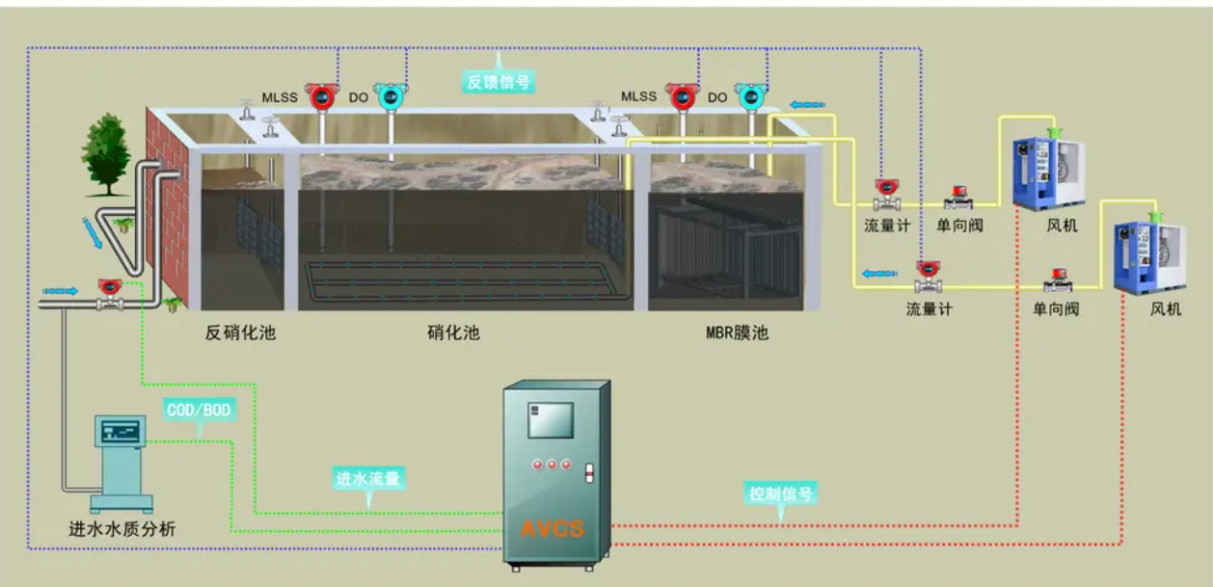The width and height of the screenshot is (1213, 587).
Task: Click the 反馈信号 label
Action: tap(499, 82)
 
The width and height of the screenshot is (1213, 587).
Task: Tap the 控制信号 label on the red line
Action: tap(781, 494)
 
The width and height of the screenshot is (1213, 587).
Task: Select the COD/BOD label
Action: tap(200, 410)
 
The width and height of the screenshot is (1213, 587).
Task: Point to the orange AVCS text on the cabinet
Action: tap(553, 528)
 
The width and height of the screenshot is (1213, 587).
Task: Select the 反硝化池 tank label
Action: tap(240, 334)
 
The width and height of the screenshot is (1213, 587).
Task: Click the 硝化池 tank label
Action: tap(453, 334)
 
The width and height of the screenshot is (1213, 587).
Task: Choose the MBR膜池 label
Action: tap(738, 334)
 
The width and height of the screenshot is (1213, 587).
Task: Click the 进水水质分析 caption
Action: tap(122, 529)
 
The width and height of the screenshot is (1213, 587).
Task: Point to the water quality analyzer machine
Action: tap(121, 458)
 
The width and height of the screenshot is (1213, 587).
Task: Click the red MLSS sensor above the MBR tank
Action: tap(683, 96)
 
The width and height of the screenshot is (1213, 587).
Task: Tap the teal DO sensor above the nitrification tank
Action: tap(389, 95)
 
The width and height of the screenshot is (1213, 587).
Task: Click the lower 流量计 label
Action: tap(929, 309)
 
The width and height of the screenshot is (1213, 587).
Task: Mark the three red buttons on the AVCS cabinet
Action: tap(552, 465)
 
